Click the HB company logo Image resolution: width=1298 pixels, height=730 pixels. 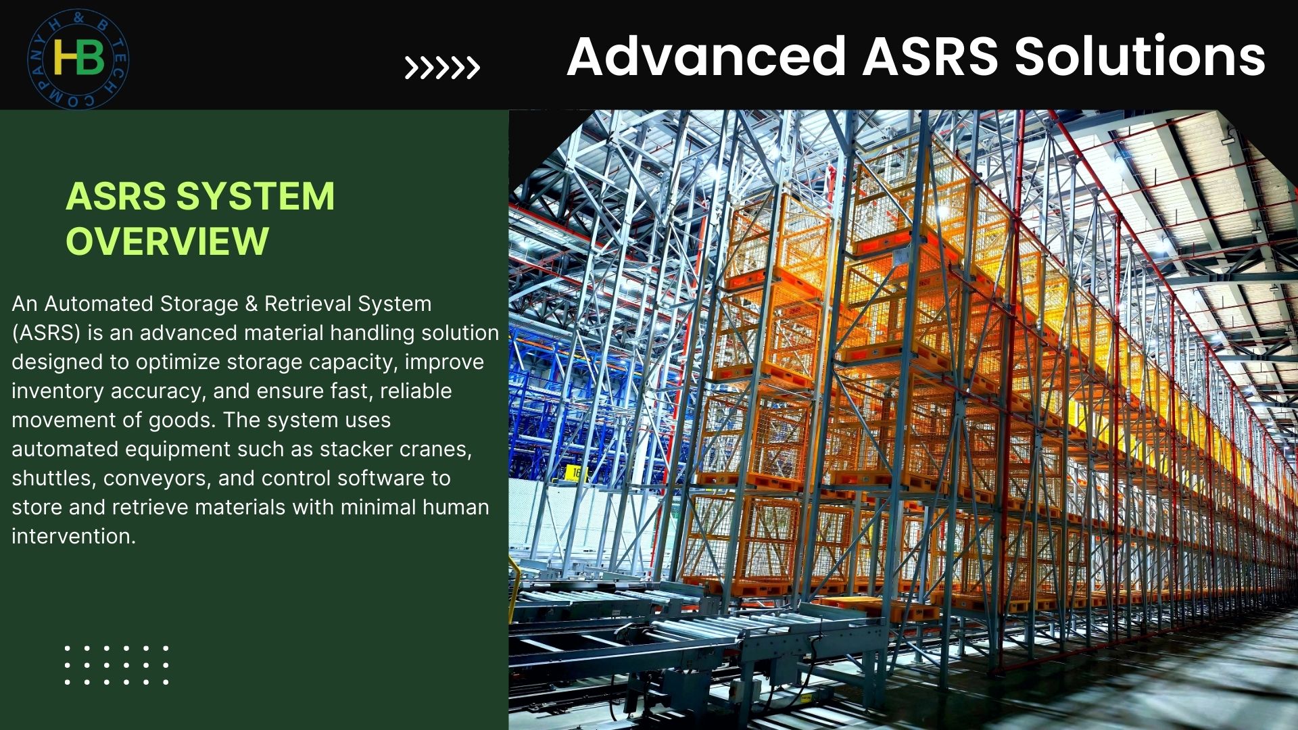(78, 59)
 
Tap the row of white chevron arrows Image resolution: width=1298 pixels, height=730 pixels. (442, 68)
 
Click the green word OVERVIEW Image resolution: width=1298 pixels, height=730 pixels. (167, 241)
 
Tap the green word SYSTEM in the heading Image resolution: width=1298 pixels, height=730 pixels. (255, 196)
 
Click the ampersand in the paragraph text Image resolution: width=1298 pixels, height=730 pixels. (251, 304)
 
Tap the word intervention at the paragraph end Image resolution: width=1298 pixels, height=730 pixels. (74, 536)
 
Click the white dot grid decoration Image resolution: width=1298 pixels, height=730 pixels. (116, 664)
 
